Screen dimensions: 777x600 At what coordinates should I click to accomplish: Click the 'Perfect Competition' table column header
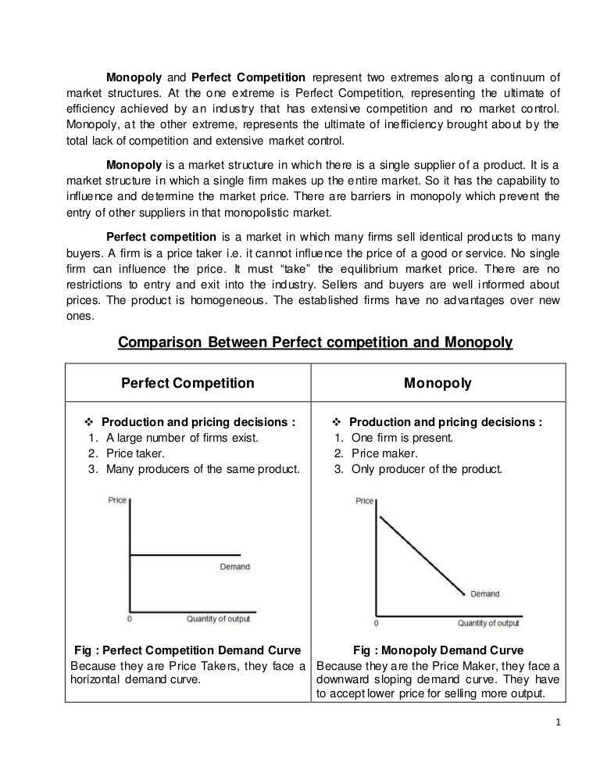pyautogui.click(x=187, y=383)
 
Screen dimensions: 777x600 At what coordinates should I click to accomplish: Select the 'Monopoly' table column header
pyautogui.click(x=438, y=383)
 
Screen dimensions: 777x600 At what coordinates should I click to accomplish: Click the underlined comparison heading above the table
pyautogui.click(x=314, y=342)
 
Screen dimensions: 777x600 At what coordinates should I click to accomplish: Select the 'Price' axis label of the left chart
pyautogui.click(x=117, y=500)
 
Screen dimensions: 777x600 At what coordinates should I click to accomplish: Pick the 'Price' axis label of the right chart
pyautogui.click(x=365, y=500)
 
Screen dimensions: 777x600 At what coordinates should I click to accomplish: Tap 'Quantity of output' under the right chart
pyautogui.click(x=488, y=623)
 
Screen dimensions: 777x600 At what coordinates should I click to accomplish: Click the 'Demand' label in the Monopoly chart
pyautogui.click(x=484, y=594)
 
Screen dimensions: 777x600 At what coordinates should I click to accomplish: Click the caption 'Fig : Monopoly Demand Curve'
pyautogui.click(x=438, y=650)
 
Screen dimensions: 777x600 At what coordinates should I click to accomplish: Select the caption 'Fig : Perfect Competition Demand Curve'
pyautogui.click(x=187, y=650)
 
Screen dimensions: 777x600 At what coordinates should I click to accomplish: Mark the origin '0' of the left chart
pyautogui.click(x=130, y=619)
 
